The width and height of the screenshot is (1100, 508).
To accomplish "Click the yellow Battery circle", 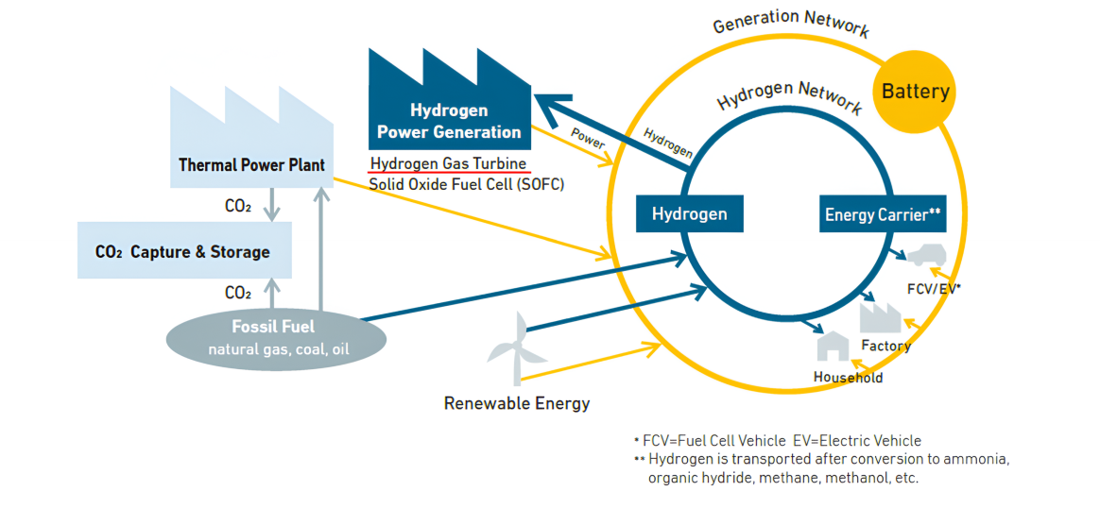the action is [x=915, y=92].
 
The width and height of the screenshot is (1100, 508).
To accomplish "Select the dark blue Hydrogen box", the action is [x=689, y=213].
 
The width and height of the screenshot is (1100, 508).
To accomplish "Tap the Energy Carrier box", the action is [x=883, y=213].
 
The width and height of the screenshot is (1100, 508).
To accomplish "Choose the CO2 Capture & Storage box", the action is [x=184, y=250].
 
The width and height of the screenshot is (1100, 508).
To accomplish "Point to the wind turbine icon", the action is [x=517, y=347].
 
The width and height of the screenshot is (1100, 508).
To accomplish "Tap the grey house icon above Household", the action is [x=833, y=347].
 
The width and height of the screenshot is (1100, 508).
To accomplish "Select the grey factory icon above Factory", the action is [x=881, y=316].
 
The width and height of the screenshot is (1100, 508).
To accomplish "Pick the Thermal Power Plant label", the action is [x=252, y=166].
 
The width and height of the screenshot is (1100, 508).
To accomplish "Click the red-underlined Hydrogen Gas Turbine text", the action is [x=448, y=164].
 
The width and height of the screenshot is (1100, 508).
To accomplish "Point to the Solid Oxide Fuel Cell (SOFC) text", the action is [x=467, y=185].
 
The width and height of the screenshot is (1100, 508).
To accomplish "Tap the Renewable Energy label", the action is [x=517, y=404].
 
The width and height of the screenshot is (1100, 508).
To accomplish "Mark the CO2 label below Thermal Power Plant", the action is [x=238, y=207].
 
